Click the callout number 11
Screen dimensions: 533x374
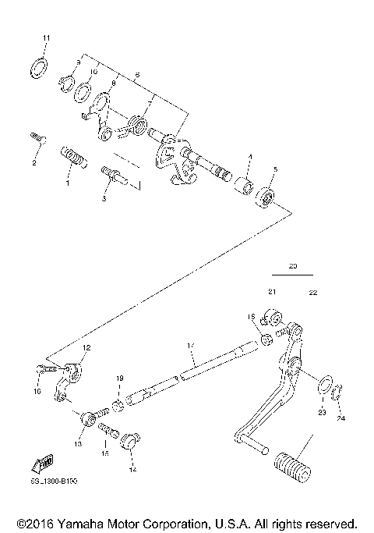tap(45, 37)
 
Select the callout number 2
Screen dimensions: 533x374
tap(34, 163)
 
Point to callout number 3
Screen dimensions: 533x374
tap(104, 199)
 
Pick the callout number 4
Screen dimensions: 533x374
tap(250, 158)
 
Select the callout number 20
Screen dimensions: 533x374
tap(293, 265)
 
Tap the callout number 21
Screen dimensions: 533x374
tap(272, 292)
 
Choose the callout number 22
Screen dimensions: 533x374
tap(313, 292)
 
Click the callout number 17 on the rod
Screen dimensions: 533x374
tap(189, 345)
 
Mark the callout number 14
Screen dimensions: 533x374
tap(132, 471)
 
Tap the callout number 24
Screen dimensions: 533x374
tap(340, 417)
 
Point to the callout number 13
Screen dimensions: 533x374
tap(77, 443)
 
